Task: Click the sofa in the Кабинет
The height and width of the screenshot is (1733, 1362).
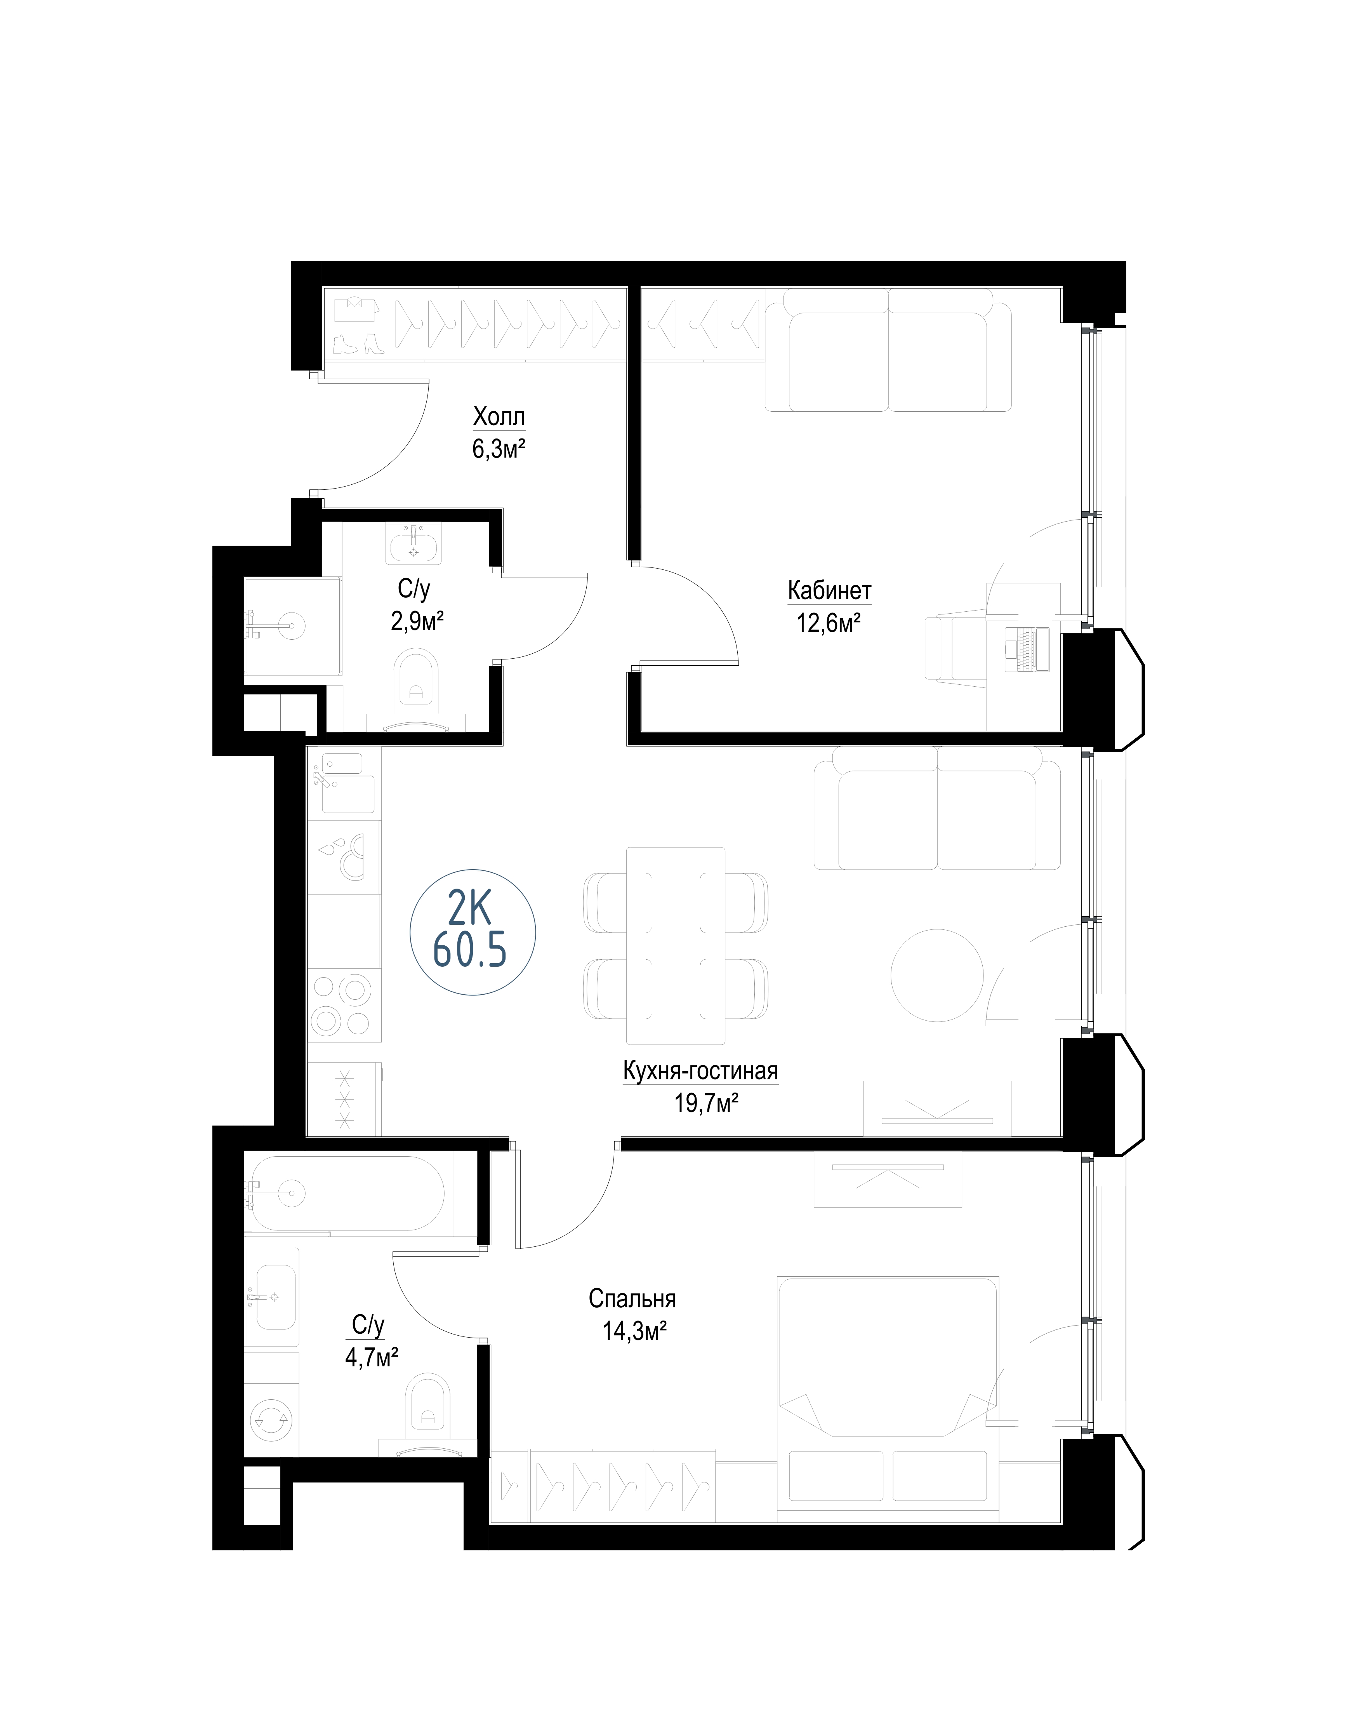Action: (x=888, y=350)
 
